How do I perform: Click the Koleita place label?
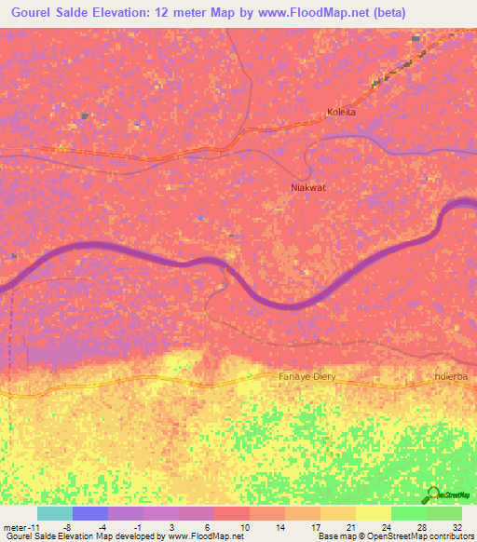point(342,113)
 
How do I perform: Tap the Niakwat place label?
point(307,187)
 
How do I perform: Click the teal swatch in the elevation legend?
point(54,513)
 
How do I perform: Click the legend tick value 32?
point(457,526)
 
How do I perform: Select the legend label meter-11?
point(20,526)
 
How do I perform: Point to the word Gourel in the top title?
point(34,12)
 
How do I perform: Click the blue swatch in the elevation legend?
point(89,513)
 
